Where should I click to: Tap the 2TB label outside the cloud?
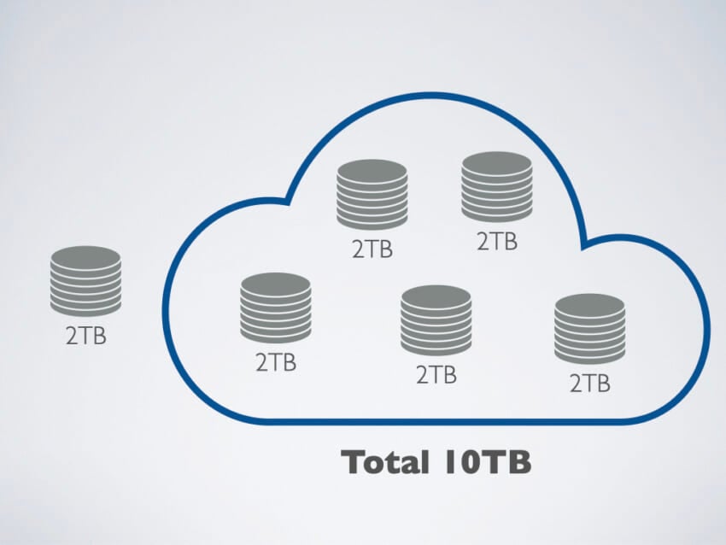86,336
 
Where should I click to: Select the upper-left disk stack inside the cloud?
372,195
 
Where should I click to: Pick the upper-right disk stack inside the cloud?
497,186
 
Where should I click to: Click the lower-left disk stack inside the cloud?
276,308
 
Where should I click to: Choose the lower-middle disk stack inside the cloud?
436,320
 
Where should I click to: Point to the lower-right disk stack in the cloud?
590,329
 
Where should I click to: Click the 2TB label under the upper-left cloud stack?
372,249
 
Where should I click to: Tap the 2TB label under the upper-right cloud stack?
497,241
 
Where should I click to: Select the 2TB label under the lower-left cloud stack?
276,362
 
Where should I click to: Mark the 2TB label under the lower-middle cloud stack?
436,375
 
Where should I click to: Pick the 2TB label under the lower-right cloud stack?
590,384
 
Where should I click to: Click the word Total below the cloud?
384,462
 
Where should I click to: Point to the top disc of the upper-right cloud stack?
497,162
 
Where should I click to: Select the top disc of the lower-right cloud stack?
590,305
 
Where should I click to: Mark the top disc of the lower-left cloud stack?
276,284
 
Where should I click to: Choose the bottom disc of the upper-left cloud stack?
372,223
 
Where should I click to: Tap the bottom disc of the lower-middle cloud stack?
436,349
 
